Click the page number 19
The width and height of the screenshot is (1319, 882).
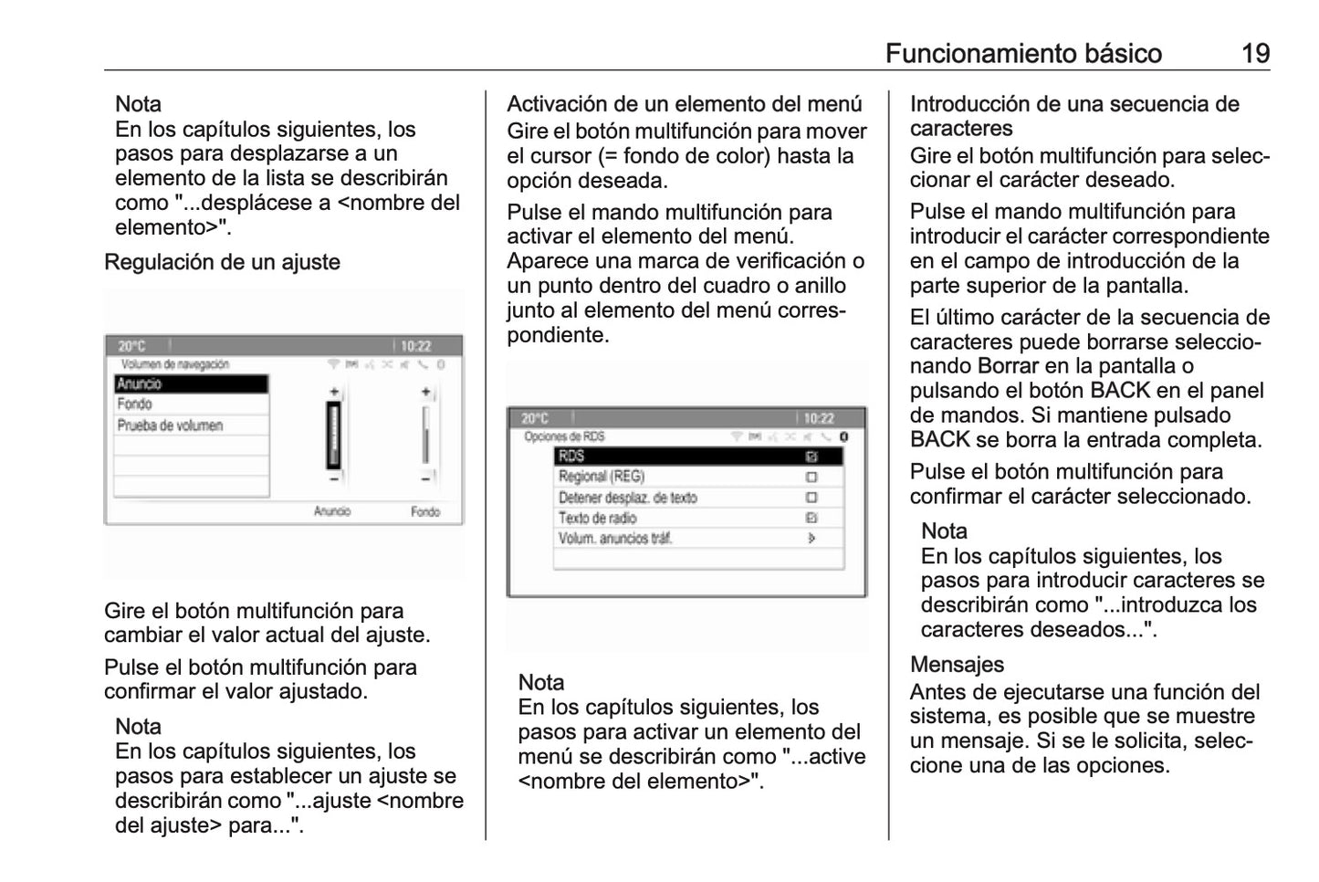(x=1255, y=54)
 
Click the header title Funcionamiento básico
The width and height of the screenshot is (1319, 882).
(x=1023, y=54)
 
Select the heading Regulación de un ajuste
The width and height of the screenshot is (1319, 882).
(x=222, y=262)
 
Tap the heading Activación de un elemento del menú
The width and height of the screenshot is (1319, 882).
(x=684, y=104)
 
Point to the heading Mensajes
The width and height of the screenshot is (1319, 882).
(x=957, y=665)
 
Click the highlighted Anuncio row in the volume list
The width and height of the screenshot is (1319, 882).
(x=191, y=384)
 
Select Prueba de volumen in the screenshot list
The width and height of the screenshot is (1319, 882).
(x=171, y=425)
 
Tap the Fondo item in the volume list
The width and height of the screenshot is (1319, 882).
(x=135, y=404)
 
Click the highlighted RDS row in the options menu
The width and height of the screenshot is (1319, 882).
(x=697, y=457)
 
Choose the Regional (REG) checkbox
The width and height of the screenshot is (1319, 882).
(x=811, y=477)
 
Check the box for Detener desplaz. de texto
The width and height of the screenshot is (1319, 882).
(x=811, y=498)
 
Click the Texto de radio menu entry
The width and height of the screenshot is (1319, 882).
(x=598, y=518)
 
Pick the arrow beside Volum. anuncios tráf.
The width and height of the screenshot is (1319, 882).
(x=811, y=539)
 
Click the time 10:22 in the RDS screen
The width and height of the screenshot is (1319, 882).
(x=819, y=419)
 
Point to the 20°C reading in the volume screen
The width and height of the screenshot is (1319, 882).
(x=131, y=347)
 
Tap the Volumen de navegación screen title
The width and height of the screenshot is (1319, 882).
(x=174, y=364)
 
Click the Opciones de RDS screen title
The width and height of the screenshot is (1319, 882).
(x=564, y=436)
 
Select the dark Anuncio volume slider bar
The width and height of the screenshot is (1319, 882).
(x=334, y=435)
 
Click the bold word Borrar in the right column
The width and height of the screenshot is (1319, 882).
(x=1008, y=366)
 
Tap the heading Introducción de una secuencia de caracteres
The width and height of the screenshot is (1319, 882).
(x=1073, y=116)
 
